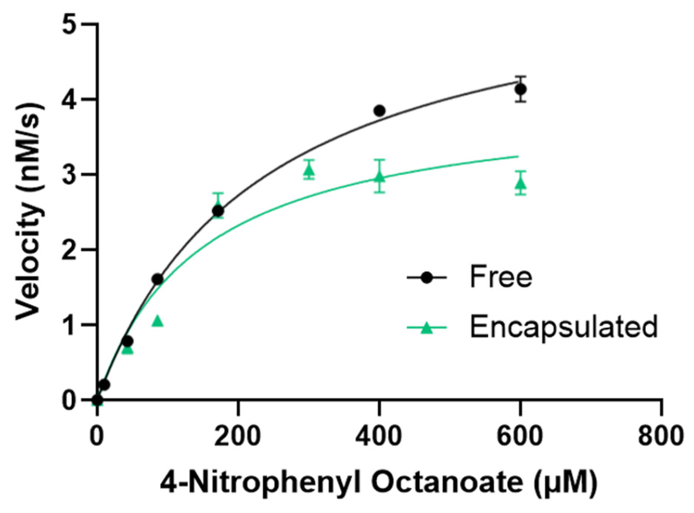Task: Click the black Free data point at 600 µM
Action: [x=520, y=89]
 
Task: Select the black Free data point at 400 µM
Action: [x=379, y=111]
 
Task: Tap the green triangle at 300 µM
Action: [x=309, y=170]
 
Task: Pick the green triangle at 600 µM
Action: [x=520, y=183]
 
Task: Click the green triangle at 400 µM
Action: [x=379, y=177]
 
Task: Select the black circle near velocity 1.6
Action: [x=157, y=279]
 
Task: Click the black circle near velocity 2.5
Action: [x=218, y=211]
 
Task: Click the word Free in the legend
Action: [x=501, y=277]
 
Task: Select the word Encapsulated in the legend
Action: [x=563, y=326]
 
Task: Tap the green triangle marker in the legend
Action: [x=427, y=327]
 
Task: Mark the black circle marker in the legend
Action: [x=427, y=277]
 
